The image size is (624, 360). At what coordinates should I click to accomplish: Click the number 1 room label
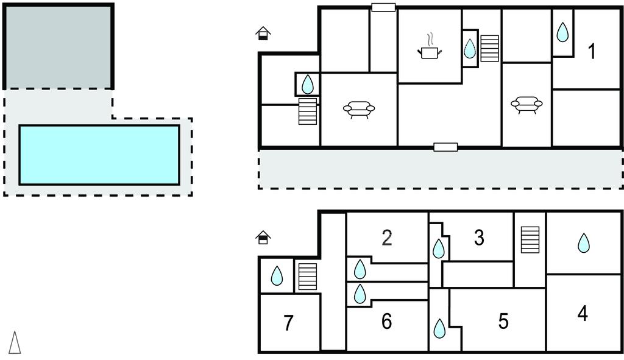tap(591, 52)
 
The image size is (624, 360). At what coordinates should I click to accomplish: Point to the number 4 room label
tap(583, 313)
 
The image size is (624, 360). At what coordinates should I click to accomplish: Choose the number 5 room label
tap(503, 321)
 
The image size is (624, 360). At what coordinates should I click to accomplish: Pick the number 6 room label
tap(386, 321)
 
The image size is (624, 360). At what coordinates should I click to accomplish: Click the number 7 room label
tap(289, 323)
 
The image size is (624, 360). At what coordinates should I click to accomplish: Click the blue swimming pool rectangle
tap(99, 155)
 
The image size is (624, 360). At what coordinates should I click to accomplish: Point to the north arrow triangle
tap(15, 342)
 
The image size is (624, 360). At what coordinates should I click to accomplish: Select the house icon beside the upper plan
tap(263, 34)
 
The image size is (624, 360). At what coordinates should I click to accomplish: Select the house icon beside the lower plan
tap(263, 237)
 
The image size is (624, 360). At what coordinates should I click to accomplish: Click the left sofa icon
tap(359, 109)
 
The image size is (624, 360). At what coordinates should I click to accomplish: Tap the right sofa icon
tap(526, 104)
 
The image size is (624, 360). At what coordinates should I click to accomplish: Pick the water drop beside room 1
tap(562, 32)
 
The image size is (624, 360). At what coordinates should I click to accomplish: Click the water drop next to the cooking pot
tap(469, 49)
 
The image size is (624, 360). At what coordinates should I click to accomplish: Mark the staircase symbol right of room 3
tap(530, 239)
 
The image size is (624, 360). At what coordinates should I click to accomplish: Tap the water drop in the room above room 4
tap(584, 243)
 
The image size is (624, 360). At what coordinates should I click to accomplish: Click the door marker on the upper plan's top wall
tap(383, 7)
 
